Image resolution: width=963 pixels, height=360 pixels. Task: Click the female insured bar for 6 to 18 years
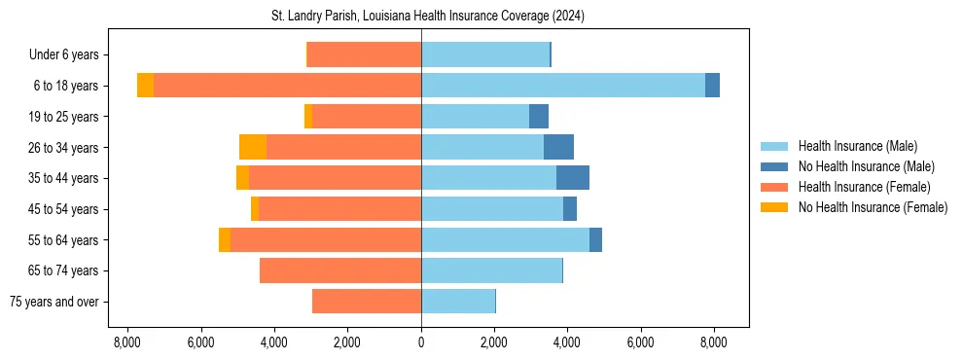pyautogui.click(x=287, y=86)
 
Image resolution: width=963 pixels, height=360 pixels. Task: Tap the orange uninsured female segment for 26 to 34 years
pyautogui.click(x=253, y=147)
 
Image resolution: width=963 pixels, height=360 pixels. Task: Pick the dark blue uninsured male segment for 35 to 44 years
pyautogui.click(x=573, y=178)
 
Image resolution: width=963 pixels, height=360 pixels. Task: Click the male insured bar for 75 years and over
pyautogui.click(x=457, y=302)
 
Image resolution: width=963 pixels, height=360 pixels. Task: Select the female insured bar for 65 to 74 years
pyautogui.click(x=340, y=270)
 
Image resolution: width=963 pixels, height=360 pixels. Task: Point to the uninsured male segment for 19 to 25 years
pyautogui.click(x=539, y=117)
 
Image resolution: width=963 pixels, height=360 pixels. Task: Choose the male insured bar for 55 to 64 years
pyautogui.click(x=505, y=239)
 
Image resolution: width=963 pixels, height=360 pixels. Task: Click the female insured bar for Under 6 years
pyautogui.click(x=364, y=54)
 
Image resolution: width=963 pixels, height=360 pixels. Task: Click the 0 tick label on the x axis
pyautogui.click(x=421, y=342)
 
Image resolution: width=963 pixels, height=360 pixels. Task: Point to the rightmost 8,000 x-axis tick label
pyautogui.click(x=714, y=342)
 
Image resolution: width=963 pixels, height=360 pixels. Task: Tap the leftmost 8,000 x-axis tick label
pyautogui.click(x=127, y=342)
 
